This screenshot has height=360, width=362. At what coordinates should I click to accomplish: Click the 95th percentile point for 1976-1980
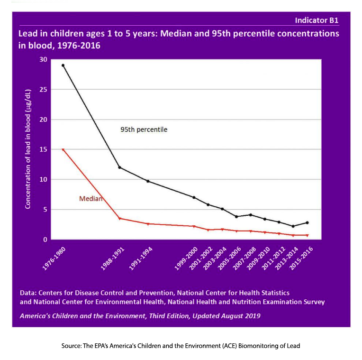coord(63,65)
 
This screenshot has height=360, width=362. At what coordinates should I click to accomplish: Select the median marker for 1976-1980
coord(63,150)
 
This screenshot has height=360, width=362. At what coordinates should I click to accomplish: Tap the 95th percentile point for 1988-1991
coord(119,167)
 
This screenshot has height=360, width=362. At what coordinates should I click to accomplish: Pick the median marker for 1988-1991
coord(119,218)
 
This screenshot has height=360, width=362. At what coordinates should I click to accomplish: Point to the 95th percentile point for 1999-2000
coord(194,197)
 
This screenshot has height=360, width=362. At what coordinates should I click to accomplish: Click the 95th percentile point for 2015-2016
coord(307,222)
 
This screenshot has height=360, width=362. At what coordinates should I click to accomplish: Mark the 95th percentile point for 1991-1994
coord(148,181)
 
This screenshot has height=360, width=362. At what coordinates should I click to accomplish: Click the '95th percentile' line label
coord(144,129)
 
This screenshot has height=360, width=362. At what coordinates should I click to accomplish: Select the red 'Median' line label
coord(90,199)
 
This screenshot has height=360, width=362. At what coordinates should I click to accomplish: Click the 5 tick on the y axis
coord(45,210)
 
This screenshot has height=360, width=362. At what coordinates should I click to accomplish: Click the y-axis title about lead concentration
coord(28,149)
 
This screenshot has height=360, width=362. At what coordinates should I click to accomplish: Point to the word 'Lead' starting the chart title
coord(27,34)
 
